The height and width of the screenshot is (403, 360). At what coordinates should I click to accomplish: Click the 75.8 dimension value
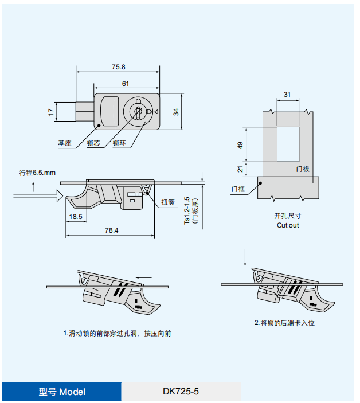(x=118, y=67)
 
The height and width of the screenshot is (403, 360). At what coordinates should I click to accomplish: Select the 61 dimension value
(x=125, y=84)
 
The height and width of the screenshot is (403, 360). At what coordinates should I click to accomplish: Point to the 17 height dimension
(x=51, y=111)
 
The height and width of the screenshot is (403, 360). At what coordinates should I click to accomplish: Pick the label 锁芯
(x=93, y=143)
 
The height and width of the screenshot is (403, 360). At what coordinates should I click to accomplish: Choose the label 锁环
(x=119, y=143)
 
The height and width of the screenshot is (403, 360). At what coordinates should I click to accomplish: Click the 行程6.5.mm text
(x=38, y=172)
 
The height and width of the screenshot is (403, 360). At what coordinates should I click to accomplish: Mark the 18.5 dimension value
(x=76, y=217)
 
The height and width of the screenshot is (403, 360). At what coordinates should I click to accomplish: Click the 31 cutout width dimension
(x=287, y=95)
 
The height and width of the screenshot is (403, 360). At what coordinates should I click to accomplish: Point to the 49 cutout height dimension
(x=240, y=145)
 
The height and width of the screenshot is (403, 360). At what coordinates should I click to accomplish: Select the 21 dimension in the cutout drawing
(x=240, y=169)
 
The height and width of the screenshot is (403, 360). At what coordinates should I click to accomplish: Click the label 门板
(x=303, y=169)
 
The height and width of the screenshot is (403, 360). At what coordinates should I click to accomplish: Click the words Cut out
(x=288, y=225)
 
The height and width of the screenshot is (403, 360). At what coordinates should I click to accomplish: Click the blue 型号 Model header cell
(x=62, y=392)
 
